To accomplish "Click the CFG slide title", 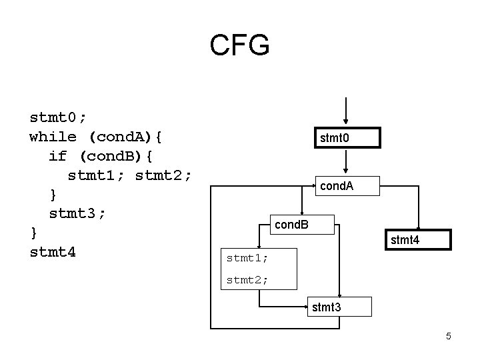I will click(239, 46).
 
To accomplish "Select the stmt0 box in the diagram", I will click(346, 138).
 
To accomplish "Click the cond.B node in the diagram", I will click(292, 225).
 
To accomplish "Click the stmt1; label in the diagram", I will click(247, 256).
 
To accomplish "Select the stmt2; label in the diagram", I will click(247, 280).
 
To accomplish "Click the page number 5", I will click(449, 336).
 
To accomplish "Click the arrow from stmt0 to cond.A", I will click(346, 162).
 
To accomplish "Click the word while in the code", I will click(53, 137).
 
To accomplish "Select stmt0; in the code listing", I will click(58, 118).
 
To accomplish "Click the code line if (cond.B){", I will click(101, 156).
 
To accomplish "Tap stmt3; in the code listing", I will click(77, 213).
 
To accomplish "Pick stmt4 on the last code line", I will click(53, 252).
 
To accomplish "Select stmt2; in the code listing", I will click(163, 175).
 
